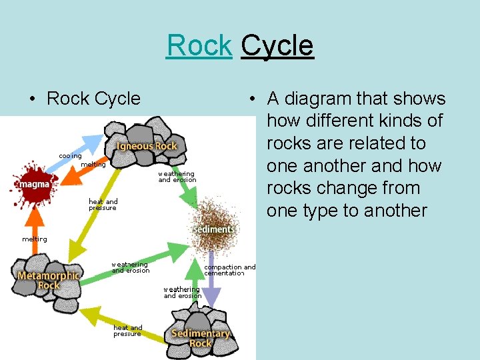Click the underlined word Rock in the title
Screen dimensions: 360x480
pyautogui.click(x=199, y=45)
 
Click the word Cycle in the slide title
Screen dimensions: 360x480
pyautogui.click(x=277, y=45)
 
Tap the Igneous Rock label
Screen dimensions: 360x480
pyautogui.click(x=147, y=146)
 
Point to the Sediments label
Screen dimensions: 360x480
pyautogui.click(x=213, y=229)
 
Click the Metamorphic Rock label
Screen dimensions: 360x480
pyautogui.click(x=49, y=280)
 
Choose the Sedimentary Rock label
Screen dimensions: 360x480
pyautogui.click(x=201, y=338)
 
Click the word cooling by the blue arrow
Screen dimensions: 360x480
pyautogui.click(x=70, y=156)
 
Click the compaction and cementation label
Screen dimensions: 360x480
pyautogui.click(x=229, y=270)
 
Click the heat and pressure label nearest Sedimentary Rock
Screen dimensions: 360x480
pyautogui.click(x=127, y=331)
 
